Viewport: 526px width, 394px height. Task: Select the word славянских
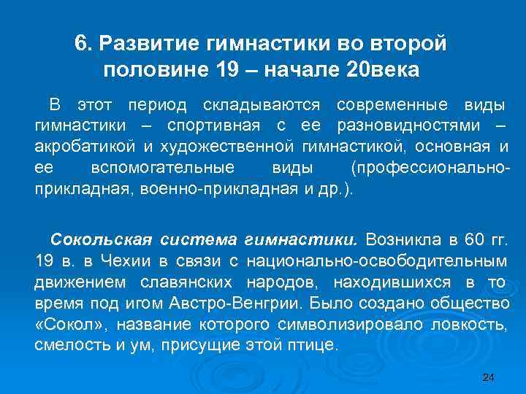tap(190, 281)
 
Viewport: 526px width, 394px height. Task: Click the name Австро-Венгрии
tap(262, 302)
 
